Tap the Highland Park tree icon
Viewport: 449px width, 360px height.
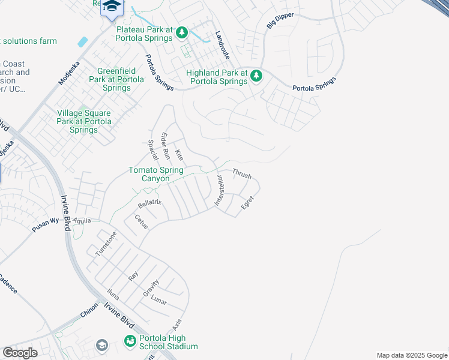coord(256,76)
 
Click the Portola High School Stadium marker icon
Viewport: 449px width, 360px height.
coord(130,341)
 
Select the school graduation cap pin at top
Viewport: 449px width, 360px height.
coord(111,7)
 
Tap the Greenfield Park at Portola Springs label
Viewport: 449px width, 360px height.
coord(116,79)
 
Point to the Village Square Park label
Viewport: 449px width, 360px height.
coord(83,121)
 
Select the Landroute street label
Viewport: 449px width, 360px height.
coord(222,43)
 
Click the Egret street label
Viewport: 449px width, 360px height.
coord(247,202)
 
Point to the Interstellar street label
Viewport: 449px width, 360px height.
coord(218,191)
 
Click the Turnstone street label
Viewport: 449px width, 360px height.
coord(105,244)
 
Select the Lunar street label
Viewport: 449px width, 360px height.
coord(159,299)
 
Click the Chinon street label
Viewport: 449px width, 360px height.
coord(88,314)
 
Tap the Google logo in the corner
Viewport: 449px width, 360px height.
coord(20,353)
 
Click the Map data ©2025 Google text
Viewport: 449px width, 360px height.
coord(411,355)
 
